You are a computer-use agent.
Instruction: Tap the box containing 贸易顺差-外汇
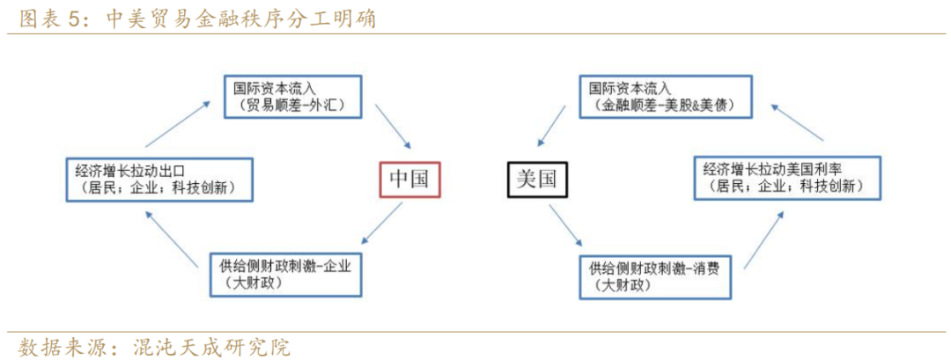tap(292, 96)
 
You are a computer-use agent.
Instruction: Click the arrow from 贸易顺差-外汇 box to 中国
tap(393, 127)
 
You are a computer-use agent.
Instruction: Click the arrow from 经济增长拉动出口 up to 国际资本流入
tap(178, 123)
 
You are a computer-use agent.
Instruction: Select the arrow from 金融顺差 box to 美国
tap(552, 127)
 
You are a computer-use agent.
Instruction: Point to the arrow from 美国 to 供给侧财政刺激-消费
tap(566, 226)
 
